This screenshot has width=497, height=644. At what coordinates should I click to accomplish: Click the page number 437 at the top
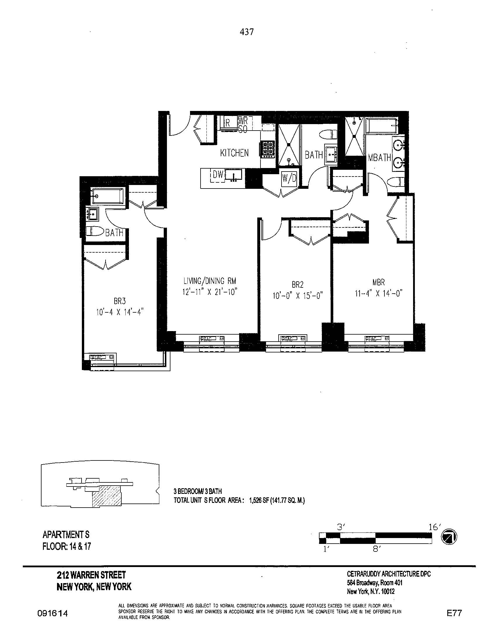(247, 32)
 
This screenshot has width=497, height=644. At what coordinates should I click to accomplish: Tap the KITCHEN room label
(234, 153)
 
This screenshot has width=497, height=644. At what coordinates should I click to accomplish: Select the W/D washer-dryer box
(289, 178)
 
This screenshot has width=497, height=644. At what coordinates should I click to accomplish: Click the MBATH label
(379, 158)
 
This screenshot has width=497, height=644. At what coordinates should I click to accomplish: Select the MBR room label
(378, 282)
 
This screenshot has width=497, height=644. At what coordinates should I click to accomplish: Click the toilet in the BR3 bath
(95, 231)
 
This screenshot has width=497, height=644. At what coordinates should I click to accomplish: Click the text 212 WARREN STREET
(91, 575)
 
